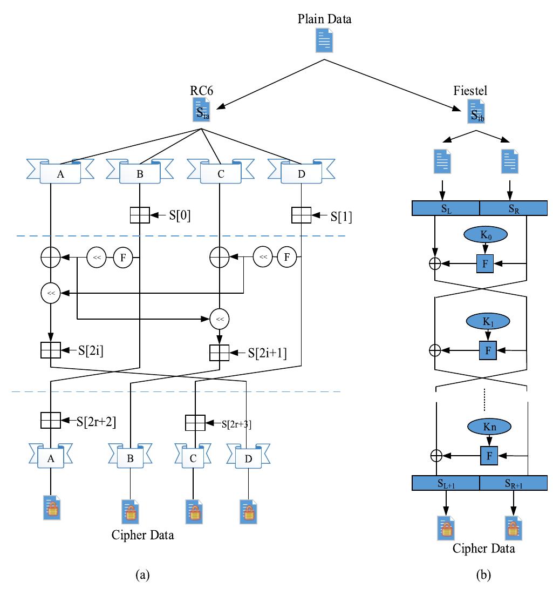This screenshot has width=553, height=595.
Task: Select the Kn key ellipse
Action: pyautogui.click(x=488, y=426)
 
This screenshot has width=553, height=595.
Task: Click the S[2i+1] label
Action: pyautogui.click(x=267, y=353)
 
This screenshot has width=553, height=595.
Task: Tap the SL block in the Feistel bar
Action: pyautogui.click(x=445, y=208)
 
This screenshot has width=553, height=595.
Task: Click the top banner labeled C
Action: pyautogui.click(x=220, y=172)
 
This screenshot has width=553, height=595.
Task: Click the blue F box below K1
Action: pyautogui.click(x=488, y=350)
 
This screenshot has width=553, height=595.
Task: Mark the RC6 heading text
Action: pyautogui.click(x=201, y=91)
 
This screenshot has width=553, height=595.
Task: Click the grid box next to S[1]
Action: pyautogui.click(x=301, y=215)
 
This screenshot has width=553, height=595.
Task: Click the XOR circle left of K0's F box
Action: pyautogui.click(x=435, y=263)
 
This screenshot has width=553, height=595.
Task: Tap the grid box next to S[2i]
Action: pyautogui.click(x=51, y=350)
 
